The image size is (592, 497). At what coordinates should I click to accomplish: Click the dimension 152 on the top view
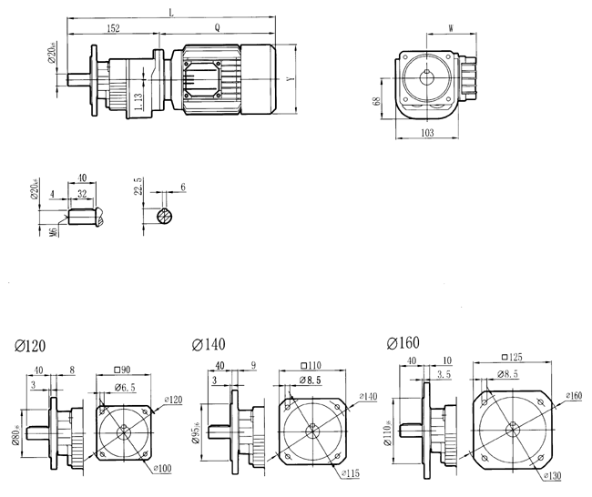click(x=112, y=29)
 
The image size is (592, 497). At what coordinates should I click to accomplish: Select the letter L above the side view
click(x=172, y=12)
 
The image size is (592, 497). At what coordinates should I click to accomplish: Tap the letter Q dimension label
click(x=216, y=28)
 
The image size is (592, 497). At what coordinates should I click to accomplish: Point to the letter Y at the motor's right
click(x=290, y=80)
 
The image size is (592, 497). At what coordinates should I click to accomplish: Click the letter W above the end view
click(x=452, y=29)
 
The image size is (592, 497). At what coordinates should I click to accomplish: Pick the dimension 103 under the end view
click(x=428, y=133)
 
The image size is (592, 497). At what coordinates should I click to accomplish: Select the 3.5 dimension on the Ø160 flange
click(x=444, y=373)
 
